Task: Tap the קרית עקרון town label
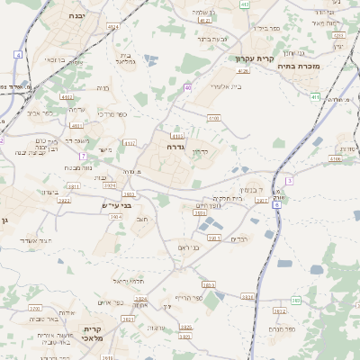253,58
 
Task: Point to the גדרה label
175,146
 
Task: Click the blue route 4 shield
17,55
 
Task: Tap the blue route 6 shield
276,205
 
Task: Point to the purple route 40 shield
187,87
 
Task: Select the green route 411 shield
315,96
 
